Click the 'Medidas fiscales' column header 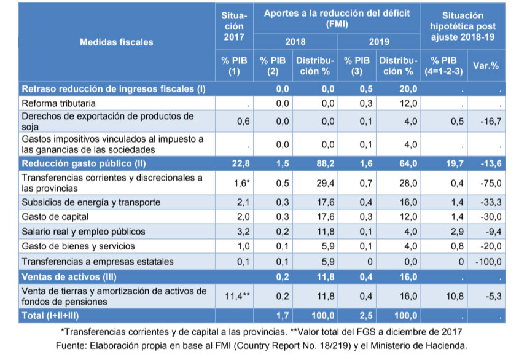[x=117, y=42]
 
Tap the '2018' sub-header [x=297, y=42]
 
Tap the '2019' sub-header [x=378, y=42]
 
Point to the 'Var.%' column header [x=485, y=66]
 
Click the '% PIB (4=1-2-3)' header [x=443, y=66]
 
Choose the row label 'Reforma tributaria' [x=59, y=103]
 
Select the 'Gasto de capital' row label [x=55, y=217]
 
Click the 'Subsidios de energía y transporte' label [x=90, y=202]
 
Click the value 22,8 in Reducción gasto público [x=239, y=163]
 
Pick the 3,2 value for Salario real [x=242, y=232]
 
